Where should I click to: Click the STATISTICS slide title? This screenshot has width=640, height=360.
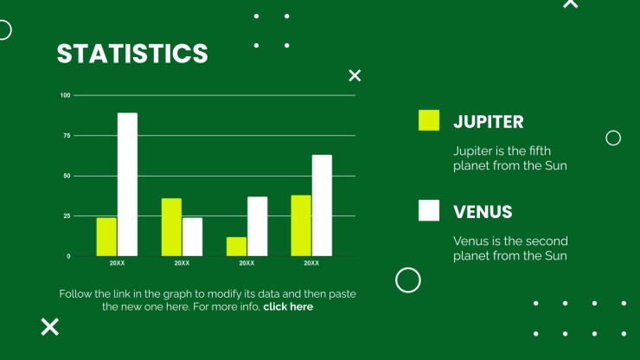(132, 54)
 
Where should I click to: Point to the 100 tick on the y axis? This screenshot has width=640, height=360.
(66, 95)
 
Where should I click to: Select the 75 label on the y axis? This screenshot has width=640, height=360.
(67, 135)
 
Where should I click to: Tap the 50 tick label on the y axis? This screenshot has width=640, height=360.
(67, 176)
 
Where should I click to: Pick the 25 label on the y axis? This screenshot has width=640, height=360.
(67, 215)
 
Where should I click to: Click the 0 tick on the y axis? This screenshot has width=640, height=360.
(68, 256)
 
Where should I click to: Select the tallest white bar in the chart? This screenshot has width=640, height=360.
(127, 184)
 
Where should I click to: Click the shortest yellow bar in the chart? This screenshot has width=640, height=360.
(236, 247)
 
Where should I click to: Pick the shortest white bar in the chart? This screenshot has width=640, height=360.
(192, 237)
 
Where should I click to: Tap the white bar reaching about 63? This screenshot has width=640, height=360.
(322, 206)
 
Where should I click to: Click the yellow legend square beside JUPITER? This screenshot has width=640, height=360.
(429, 120)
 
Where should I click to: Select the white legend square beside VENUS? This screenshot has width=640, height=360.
(429, 210)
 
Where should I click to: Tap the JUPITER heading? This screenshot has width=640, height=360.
(488, 122)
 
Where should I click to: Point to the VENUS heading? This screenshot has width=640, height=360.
(483, 212)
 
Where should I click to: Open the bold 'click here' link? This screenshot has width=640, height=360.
(288, 306)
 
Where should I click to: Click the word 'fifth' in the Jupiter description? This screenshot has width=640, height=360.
(540, 151)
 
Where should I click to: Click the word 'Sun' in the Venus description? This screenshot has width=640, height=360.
(556, 256)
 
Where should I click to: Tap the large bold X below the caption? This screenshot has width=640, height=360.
(50, 327)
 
